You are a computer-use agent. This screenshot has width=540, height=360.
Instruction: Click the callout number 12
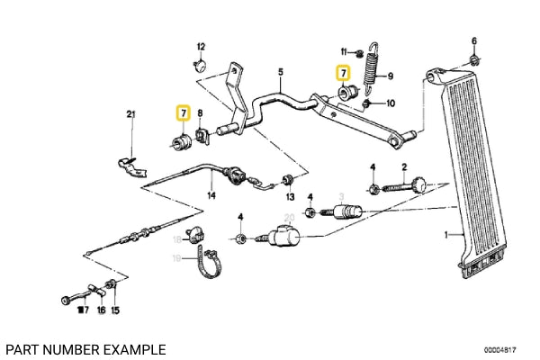click(201, 46)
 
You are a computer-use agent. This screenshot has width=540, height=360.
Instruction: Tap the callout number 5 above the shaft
click(280, 72)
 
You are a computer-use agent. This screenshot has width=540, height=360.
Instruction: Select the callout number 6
click(474, 40)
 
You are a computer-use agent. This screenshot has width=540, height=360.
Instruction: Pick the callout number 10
click(390, 103)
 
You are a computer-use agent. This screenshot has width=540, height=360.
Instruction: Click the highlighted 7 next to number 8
click(183, 112)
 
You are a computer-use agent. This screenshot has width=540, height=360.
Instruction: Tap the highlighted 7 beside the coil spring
click(343, 73)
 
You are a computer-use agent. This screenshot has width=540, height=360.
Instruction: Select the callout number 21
click(130, 113)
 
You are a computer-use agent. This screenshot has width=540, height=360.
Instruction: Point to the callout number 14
click(211, 194)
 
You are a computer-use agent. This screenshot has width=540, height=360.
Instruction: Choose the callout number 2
click(405, 166)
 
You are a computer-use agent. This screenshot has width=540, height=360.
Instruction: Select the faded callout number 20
click(288, 218)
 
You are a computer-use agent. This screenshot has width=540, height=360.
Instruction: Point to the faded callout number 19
click(176, 258)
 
